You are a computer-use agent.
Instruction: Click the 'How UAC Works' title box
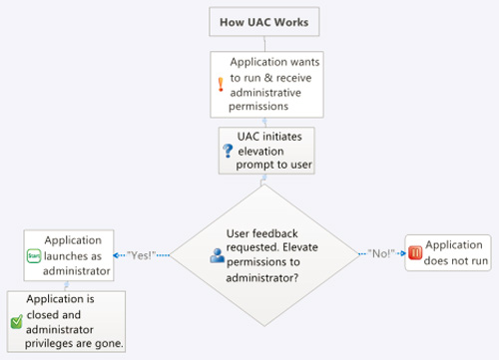point(264,22)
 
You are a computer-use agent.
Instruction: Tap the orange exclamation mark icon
point(222,85)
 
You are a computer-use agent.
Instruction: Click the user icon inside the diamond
point(217,254)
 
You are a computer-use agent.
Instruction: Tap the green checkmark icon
point(16,321)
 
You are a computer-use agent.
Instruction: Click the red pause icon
point(414,253)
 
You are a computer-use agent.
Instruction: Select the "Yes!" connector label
point(141,255)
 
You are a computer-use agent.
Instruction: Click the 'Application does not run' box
point(447,253)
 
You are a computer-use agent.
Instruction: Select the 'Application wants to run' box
point(265,82)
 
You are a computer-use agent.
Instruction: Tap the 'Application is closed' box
point(68,321)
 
